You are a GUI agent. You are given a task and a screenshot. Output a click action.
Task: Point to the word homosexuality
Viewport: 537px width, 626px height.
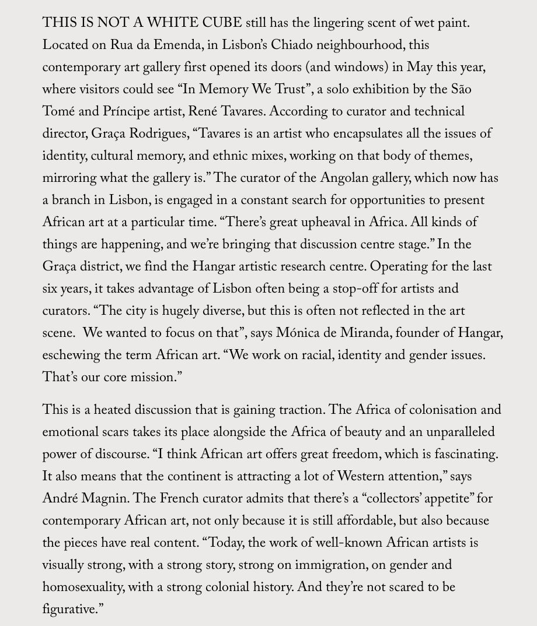[82, 587]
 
